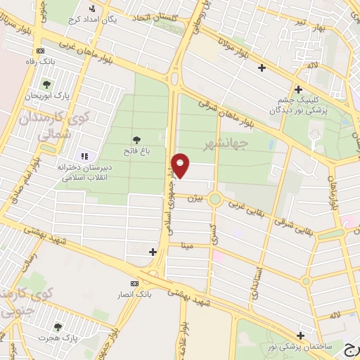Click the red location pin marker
click(181, 165)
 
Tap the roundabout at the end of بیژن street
click(215, 199)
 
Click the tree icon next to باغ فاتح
click(136, 139)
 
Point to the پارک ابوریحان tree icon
click(46, 84)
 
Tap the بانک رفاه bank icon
click(40, 51)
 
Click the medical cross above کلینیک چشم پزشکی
click(299, 89)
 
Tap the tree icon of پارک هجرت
click(58, 326)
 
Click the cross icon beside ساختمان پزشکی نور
click(301, 335)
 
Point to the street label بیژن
click(195, 199)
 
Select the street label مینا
click(186, 245)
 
